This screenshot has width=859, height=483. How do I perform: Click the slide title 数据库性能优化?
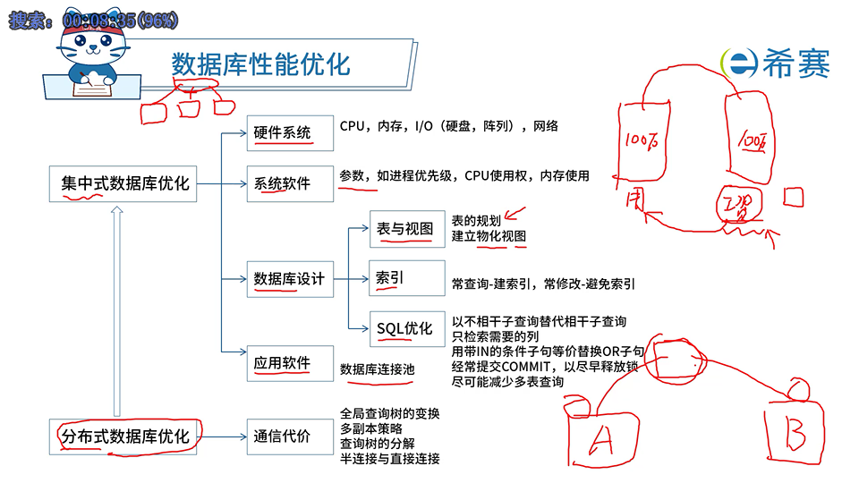tap(260, 64)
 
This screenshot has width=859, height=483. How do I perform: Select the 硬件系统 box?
tap(282, 133)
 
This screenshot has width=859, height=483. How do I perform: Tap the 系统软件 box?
tap(282, 183)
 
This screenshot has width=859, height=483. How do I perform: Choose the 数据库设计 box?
tap(288, 279)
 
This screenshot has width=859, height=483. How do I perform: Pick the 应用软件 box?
tap(282, 363)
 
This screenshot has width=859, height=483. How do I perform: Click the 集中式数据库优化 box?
tap(124, 183)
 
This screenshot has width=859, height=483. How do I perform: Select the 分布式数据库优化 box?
tap(124, 436)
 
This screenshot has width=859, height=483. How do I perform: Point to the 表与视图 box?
tap(404, 229)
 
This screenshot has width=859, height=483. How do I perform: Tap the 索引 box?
tap(390, 278)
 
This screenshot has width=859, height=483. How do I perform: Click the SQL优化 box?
tap(404, 328)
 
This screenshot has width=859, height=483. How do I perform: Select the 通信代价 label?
tap(282, 436)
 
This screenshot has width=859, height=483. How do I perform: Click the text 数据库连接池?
tap(377, 369)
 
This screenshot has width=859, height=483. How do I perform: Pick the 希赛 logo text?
tap(795, 64)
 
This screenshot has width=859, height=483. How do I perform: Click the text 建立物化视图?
tap(489, 235)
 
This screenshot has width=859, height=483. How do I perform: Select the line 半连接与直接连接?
tap(389, 459)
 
